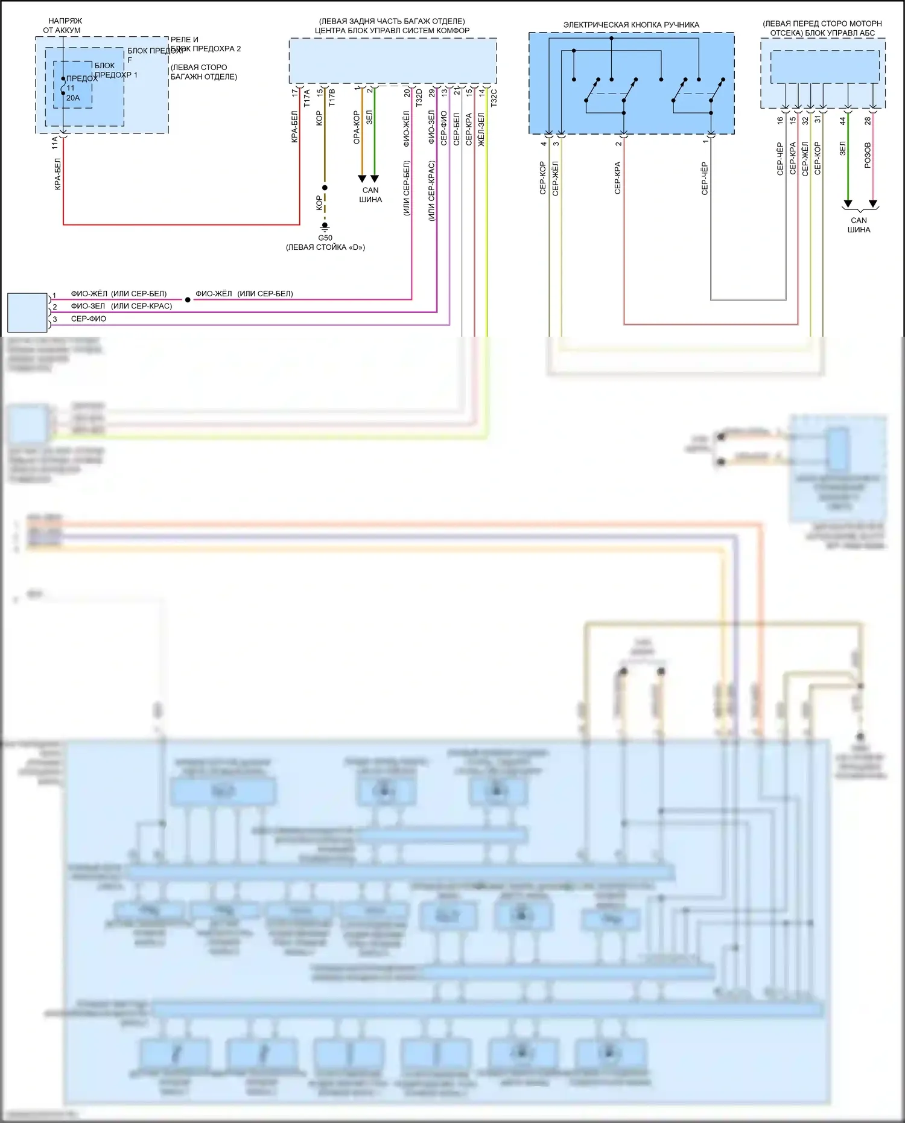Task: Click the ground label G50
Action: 325,238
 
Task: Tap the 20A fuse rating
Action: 73,98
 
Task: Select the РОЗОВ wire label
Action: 868,155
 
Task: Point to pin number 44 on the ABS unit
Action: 843,121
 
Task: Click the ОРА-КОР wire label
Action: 357,127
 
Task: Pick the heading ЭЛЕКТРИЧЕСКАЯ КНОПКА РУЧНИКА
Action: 631,25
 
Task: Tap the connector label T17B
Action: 332,98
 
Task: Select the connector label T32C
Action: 494,98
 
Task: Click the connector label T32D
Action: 419,98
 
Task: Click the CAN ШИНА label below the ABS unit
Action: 859,225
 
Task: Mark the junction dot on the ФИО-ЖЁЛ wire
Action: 188,299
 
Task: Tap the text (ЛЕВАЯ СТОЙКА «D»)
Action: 325,247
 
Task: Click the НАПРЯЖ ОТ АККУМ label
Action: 62,25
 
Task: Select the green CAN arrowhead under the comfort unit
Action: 375,179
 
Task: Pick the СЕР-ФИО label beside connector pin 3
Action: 89,319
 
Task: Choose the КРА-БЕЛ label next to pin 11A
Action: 58,174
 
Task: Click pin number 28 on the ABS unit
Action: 868,121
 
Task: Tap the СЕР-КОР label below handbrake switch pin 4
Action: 542,178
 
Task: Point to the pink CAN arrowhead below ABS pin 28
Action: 872,204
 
